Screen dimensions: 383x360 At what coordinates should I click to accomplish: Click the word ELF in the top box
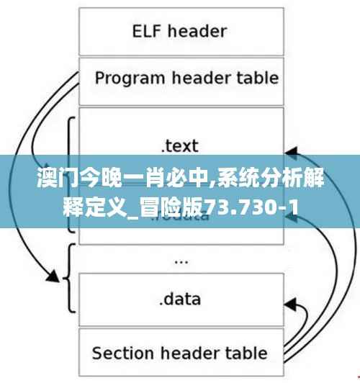147,32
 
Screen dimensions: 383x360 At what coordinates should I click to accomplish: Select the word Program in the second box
127,77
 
